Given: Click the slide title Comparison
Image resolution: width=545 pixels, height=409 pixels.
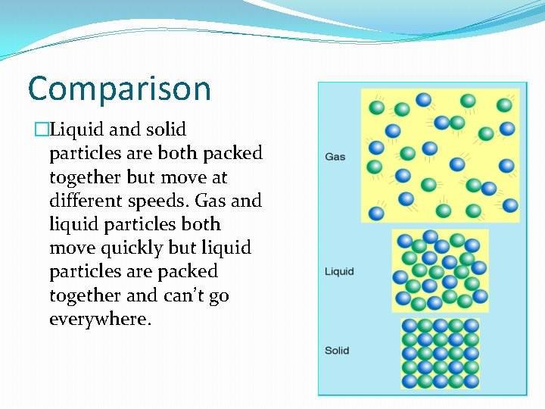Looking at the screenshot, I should click(119, 89).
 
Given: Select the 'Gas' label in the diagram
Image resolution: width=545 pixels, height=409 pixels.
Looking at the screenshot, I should click(335, 157).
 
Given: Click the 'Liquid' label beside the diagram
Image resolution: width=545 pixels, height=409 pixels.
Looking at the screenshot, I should click(339, 271).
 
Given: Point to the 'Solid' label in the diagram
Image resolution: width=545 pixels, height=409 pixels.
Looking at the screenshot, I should click(337, 351).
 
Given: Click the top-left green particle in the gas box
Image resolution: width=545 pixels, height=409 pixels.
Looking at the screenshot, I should click(376, 108).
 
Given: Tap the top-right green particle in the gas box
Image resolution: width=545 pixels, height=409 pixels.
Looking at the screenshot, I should click(504, 105).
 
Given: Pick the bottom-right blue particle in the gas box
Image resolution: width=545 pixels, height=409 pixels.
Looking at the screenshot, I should click(510, 204).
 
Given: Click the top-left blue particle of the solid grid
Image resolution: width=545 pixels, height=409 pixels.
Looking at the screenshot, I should click(410, 326).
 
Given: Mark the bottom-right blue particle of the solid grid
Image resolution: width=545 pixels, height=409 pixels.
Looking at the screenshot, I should click(471, 380).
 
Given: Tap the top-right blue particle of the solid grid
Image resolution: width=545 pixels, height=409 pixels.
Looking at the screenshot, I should click(471, 326).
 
